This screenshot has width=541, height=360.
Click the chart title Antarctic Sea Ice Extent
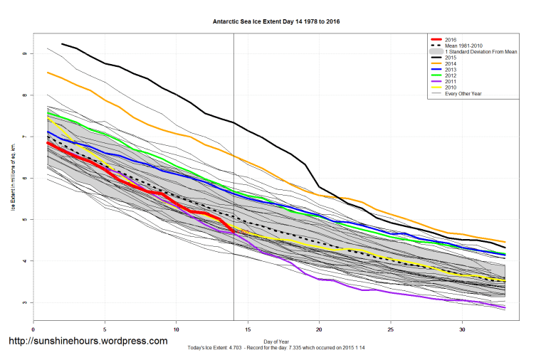point(276,21)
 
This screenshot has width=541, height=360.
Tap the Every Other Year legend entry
point(463,95)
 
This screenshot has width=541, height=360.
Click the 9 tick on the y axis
point(24,53)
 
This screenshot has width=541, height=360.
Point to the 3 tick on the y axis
point(24,302)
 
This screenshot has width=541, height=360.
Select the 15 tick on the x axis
point(248,329)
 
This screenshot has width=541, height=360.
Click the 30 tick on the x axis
point(463,329)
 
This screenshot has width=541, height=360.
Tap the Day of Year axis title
point(276,339)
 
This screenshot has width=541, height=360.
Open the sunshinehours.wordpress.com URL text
point(88,341)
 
